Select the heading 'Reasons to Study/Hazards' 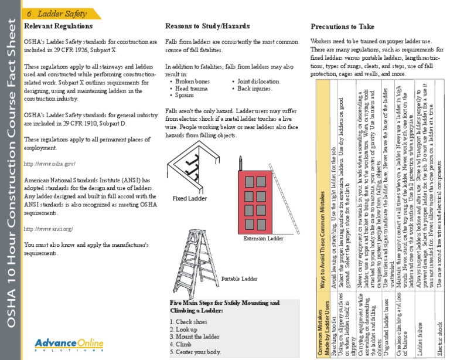(207, 26)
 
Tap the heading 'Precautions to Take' (342, 26)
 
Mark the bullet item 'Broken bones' (192, 81)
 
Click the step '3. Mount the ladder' (194, 337)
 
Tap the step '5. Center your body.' (195, 352)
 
